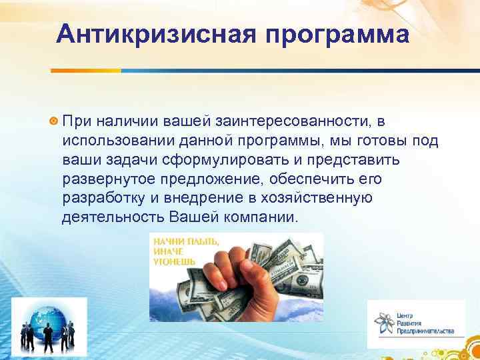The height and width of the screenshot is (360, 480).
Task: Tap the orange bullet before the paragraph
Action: [53, 121]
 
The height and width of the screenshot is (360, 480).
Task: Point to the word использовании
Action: [116, 141]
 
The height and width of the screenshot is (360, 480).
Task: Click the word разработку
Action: [104, 199]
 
